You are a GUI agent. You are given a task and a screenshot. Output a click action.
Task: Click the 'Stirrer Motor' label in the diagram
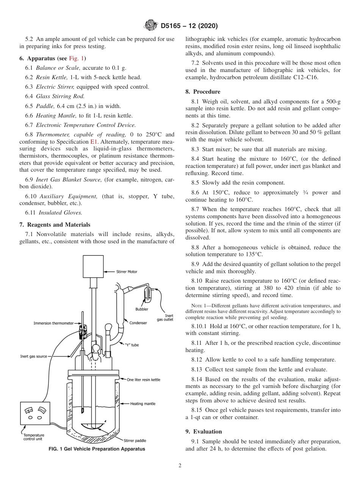pyautogui.click(x=127, y=272)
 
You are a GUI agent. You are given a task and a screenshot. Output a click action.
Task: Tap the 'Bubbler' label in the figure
pyautogui.click(x=142, y=309)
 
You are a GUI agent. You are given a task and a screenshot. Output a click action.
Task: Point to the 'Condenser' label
pyautogui.click(x=138, y=323)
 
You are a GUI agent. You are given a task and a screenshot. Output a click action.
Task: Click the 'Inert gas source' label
pyautogui.click(x=34, y=357)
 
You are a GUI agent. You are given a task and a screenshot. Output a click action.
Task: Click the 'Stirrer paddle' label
pyautogui.click(x=135, y=441)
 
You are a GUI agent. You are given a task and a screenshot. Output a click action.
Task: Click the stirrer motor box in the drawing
pyautogui.click(x=93, y=266)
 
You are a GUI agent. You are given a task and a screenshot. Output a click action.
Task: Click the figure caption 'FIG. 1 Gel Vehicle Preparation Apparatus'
pyautogui.click(x=97, y=449)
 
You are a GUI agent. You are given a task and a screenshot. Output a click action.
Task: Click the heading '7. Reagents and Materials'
pyautogui.click(x=55, y=225)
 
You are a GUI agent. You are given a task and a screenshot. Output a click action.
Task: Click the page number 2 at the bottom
pyautogui.click(x=180, y=466)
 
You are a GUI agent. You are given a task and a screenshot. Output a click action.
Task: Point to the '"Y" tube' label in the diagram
pyautogui.click(x=131, y=345)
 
